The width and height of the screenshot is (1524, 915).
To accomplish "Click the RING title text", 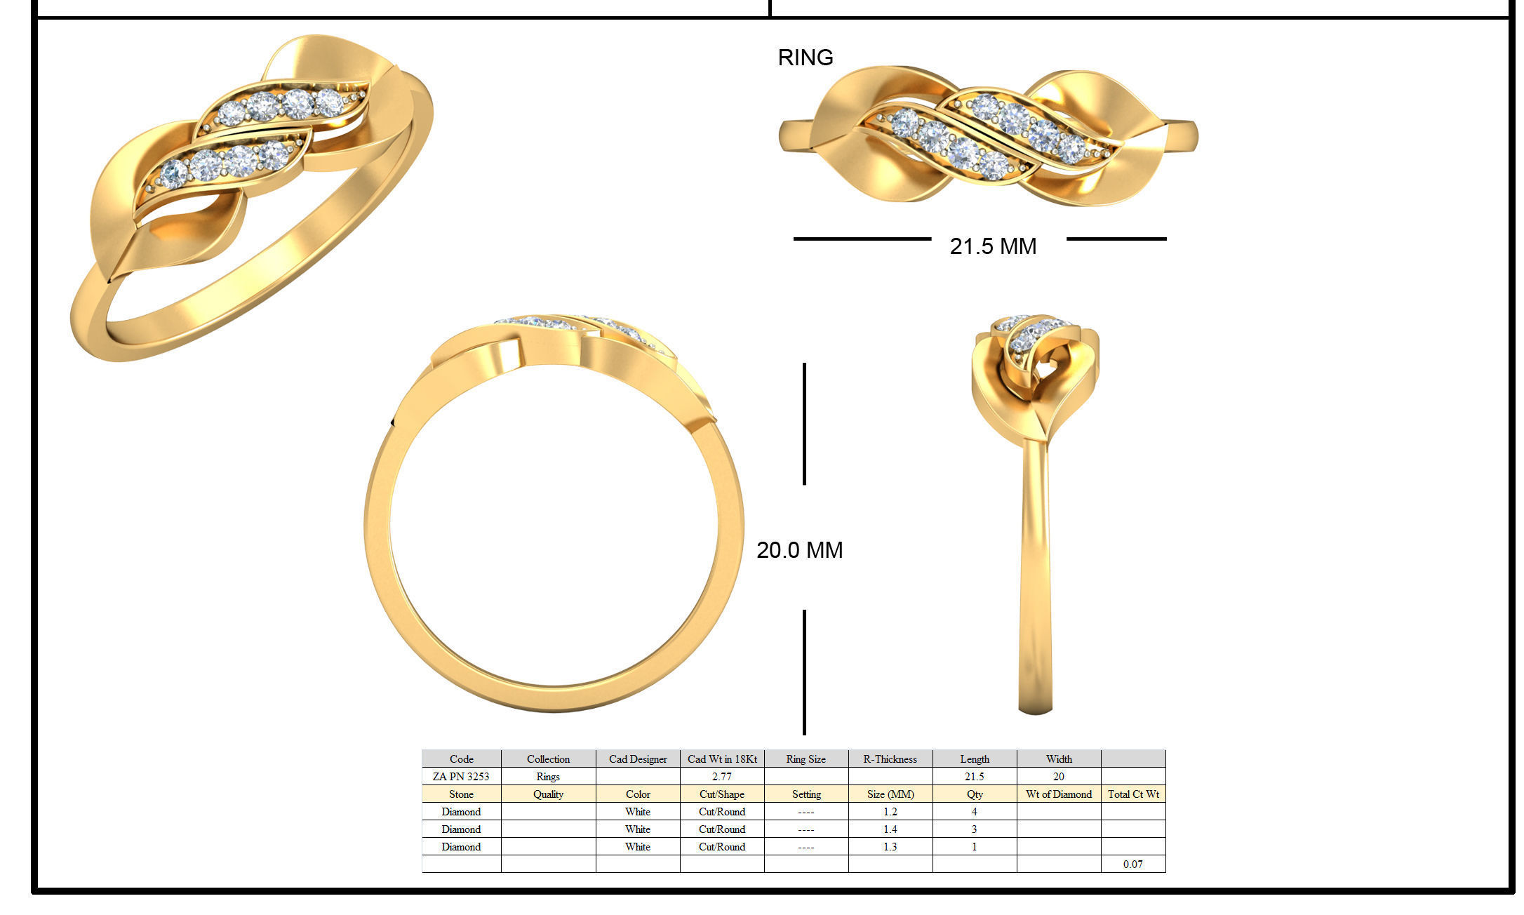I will click(x=805, y=58).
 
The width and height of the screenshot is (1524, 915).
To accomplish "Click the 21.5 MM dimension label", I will click(x=992, y=246).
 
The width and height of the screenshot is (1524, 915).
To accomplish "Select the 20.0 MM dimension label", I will click(x=799, y=550).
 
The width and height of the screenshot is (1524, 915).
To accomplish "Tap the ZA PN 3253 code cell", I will click(x=461, y=777).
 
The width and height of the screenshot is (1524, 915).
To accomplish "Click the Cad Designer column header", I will click(x=637, y=759).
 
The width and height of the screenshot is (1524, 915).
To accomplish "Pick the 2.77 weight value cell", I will click(x=721, y=777).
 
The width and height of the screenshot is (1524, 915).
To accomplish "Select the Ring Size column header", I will click(x=806, y=759).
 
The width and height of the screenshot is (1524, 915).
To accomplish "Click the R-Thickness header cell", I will click(x=890, y=759).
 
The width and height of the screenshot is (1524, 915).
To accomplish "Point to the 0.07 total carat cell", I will click(x=1132, y=864).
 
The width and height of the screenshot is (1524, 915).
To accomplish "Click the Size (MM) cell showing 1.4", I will click(x=890, y=829).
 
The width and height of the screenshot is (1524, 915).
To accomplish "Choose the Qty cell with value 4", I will click(x=974, y=812).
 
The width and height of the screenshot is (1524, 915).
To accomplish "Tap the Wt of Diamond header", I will click(x=1058, y=794).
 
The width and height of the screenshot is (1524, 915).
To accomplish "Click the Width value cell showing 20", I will click(x=1058, y=777).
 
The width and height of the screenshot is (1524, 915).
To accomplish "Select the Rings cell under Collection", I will click(x=548, y=777).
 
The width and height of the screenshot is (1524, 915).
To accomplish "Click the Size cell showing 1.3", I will click(x=890, y=847).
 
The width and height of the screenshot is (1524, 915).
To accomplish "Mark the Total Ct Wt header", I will click(x=1132, y=794).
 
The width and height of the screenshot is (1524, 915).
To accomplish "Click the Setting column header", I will click(x=806, y=794).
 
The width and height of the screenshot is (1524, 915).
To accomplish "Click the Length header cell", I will click(x=974, y=759).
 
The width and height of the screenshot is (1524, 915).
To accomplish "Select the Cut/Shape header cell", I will click(x=721, y=794).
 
